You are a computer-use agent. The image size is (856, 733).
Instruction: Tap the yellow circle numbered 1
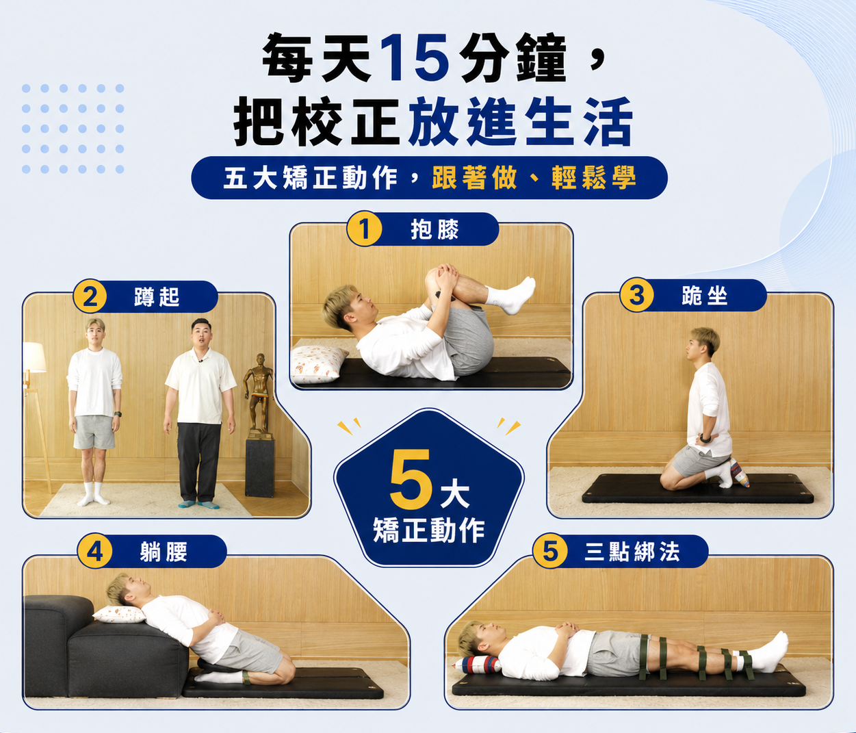[364, 229]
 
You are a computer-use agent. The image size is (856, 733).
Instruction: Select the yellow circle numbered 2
[90, 296]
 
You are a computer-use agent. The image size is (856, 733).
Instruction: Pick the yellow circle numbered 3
[637, 295]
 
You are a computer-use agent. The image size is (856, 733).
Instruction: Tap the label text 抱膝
[435, 229]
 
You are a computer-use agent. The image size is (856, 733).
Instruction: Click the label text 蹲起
[157, 296]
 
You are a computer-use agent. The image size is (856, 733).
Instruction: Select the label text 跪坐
[705, 296]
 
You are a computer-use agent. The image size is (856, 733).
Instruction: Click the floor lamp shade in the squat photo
[34, 357]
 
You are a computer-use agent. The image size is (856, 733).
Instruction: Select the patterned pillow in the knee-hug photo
[318, 364]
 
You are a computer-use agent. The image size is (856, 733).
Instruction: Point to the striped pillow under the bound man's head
[477, 665]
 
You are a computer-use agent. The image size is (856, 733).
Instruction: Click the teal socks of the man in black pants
[199, 504]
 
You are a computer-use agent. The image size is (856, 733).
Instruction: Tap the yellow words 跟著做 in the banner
[475, 178]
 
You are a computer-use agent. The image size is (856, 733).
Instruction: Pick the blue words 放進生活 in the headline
[521, 121]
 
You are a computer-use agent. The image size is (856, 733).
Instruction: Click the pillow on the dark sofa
[120, 615]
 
